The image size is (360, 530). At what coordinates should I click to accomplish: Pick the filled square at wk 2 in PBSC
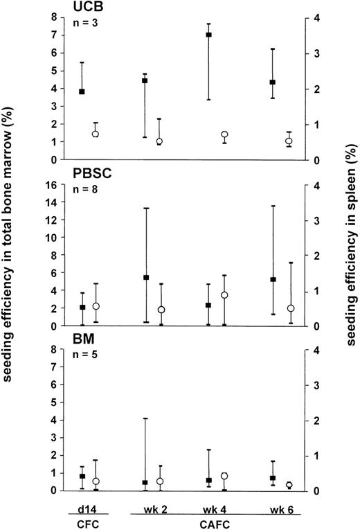[145, 278]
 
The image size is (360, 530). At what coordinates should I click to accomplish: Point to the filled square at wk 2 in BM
[145, 482]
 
